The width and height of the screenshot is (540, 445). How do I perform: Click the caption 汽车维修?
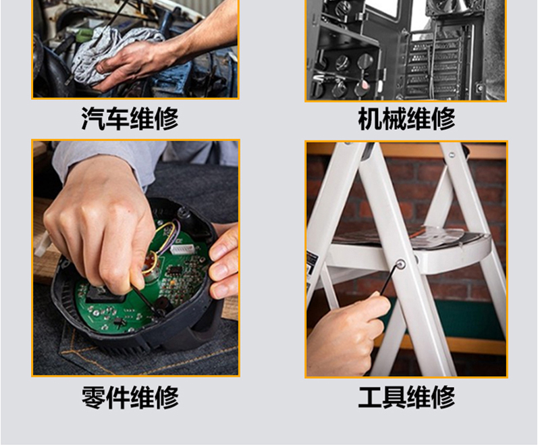pyautogui.click(x=130, y=118)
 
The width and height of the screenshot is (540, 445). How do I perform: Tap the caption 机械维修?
pyautogui.click(x=407, y=119)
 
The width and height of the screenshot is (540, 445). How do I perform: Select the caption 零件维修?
pyautogui.click(x=130, y=397)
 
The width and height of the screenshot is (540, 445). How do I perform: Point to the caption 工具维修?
pyautogui.click(x=407, y=397)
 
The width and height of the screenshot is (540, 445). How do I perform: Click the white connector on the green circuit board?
pyautogui.click(x=182, y=249)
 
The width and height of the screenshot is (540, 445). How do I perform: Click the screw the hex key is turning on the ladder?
pyautogui.click(x=401, y=265)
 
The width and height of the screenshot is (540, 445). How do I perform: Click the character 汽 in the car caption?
pyautogui.click(x=93, y=119)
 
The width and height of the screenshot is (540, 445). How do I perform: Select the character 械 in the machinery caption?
pyautogui.click(x=394, y=119)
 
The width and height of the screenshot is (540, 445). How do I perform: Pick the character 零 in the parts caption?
pyautogui.click(x=93, y=398)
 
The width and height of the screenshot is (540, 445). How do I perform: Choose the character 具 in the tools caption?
pyautogui.click(x=394, y=397)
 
